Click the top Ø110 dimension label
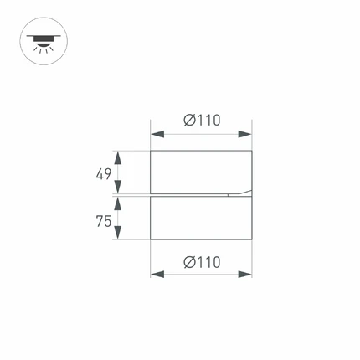(202, 121)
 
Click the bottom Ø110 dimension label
(202, 262)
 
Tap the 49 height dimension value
(104, 174)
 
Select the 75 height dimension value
(104, 221)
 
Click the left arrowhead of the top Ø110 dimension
(157, 135)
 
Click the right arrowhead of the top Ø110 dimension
(244, 135)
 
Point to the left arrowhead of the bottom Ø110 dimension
(157, 274)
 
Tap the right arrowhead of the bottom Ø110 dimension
(244, 274)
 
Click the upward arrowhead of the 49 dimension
(118, 157)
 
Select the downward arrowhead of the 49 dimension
(118, 187)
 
